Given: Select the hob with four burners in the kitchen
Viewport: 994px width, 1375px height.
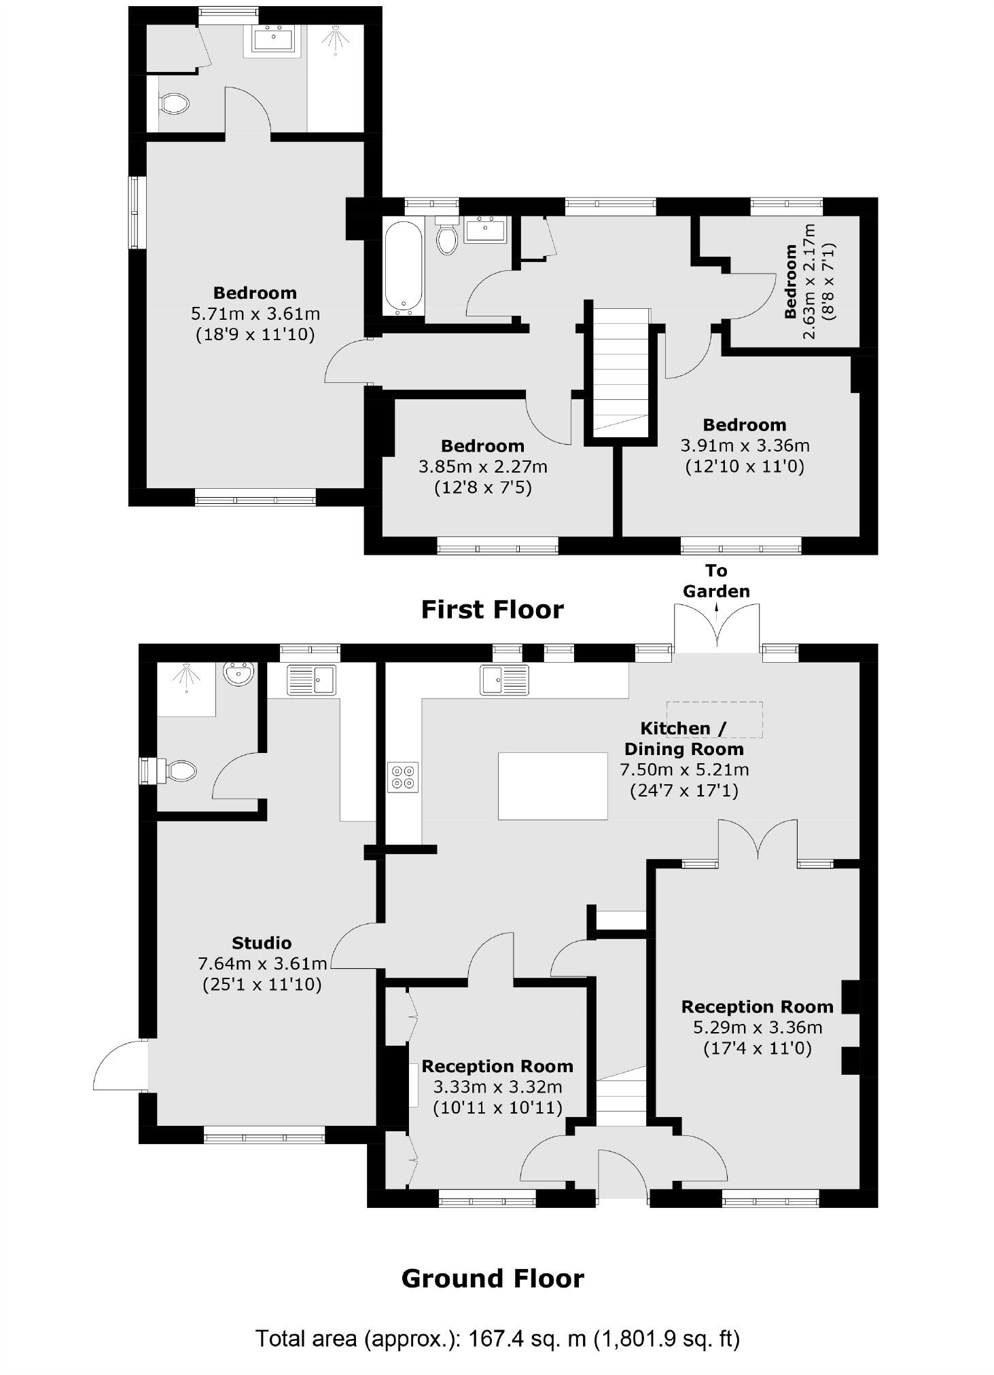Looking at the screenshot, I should pyautogui.click(x=403, y=777).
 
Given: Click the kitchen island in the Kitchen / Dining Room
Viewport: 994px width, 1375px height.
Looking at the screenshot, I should pyautogui.click(x=552, y=786).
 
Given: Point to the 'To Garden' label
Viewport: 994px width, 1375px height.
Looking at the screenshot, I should pyautogui.click(x=716, y=581).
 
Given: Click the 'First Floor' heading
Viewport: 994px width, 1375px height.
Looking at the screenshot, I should pyautogui.click(x=492, y=610).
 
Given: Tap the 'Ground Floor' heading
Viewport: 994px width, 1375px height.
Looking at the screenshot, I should pyautogui.click(x=492, y=1279).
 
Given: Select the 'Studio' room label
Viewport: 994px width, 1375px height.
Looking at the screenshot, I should pyautogui.click(x=262, y=942).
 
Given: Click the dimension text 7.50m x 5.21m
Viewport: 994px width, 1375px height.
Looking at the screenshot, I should pyautogui.click(x=684, y=770).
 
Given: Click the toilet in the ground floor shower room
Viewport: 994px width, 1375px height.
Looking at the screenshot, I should pyautogui.click(x=180, y=771).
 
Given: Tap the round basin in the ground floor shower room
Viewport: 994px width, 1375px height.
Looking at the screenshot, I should pyautogui.click(x=239, y=674).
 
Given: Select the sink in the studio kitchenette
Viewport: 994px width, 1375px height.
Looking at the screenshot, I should pyautogui.click(x=311, y=680).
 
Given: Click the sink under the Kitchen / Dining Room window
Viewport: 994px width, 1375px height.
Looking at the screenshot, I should pyautogui.click(x=504, y=680).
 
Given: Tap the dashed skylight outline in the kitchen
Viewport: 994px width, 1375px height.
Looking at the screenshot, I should pyautogui.click(x=714, y=719).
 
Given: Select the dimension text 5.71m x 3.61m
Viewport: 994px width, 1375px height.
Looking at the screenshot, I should pyautogui.click(x=255, y=314).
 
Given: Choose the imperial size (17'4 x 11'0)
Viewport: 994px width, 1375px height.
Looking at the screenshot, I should pyautogui.click(x=757, y=1048).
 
